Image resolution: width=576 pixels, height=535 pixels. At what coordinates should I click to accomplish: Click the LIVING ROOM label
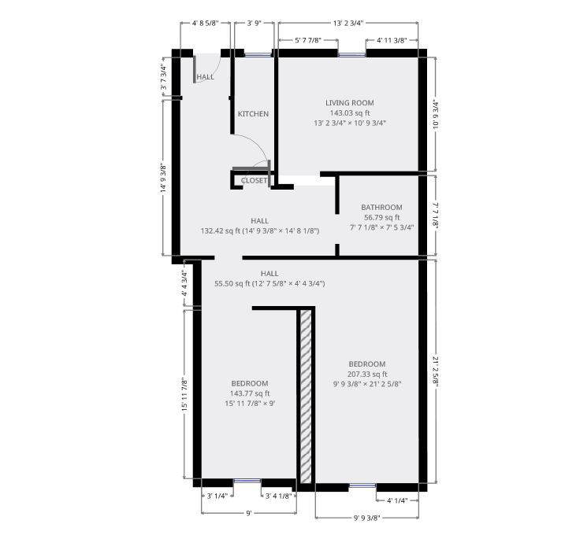click(349, 103)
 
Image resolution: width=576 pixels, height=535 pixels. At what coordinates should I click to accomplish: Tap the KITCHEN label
click(253, 114)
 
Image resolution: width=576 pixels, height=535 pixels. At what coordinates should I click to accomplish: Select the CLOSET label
click(254, 181)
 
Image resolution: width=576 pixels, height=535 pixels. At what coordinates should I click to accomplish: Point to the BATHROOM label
click(381, 208)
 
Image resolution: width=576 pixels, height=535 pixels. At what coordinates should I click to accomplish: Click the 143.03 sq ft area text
click(350, 113)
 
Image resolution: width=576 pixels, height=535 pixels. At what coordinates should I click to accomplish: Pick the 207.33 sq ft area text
click(367, 374)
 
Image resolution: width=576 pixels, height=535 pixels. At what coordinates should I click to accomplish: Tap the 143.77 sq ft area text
click(250, 393)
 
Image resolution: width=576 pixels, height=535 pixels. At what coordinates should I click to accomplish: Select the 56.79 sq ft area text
click(381, 217)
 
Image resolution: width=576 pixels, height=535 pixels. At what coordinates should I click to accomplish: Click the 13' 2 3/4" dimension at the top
click(347, 23)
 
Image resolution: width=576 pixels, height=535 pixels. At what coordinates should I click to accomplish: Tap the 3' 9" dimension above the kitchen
click(254, 23)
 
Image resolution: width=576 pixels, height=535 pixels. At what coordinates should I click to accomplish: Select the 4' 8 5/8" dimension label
click(205, 23)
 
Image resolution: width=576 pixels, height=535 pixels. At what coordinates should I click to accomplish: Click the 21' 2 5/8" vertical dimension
click(436, 371)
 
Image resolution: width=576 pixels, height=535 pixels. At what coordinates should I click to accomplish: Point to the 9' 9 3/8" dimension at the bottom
click(366, 518)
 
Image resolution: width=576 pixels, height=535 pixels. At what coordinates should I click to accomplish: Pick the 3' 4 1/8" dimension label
click(278, 496)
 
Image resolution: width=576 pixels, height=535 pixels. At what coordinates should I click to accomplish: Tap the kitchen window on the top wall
click(258, 55)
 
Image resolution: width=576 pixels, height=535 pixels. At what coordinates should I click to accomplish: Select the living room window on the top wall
click(352, 55)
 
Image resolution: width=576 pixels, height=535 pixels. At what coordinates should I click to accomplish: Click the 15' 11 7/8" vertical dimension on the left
click(185, 394)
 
